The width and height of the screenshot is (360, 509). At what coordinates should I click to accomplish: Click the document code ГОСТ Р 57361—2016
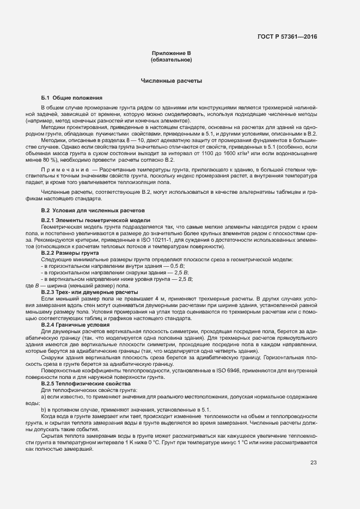286,38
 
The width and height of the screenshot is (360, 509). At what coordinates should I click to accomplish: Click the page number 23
313,463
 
